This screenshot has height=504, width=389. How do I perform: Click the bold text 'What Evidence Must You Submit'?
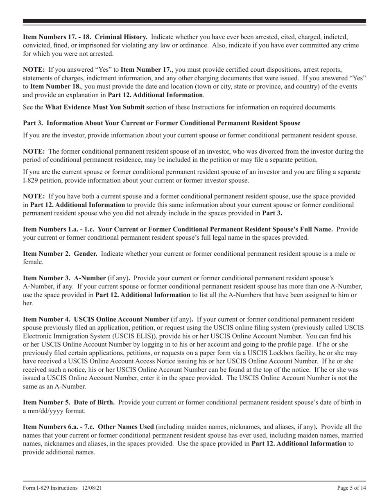pos(94,107)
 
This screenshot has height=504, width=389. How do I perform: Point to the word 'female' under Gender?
pos(32,262)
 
